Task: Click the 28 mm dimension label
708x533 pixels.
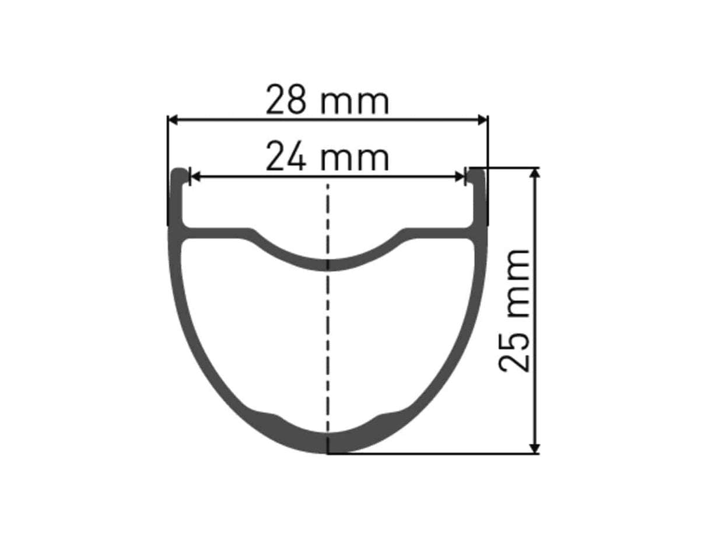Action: (x=327, y=100)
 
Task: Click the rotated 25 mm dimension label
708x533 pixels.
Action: (x=516, y=310)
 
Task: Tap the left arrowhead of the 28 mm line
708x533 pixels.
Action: (x=173, y=120)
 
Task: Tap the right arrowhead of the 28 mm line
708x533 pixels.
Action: (x=483, y=120)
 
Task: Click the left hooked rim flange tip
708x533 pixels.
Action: (x=180, y=173)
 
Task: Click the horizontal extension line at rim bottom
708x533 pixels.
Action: (x=432, y=453)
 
